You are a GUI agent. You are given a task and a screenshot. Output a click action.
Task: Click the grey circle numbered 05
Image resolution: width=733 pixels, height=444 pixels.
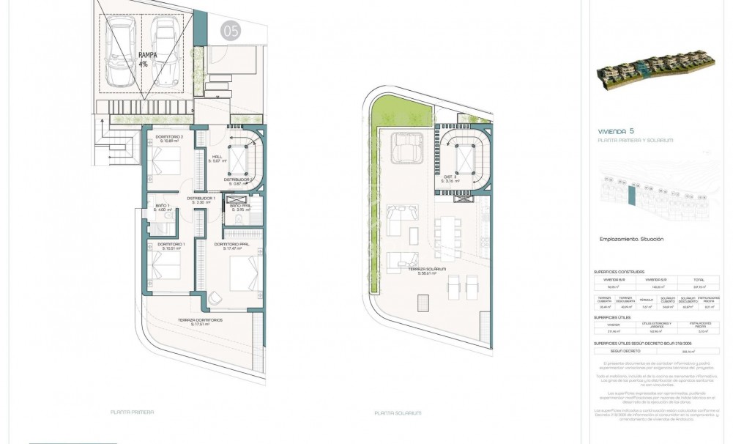(231, 31)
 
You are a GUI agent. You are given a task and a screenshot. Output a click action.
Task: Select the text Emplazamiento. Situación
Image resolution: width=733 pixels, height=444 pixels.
(630, 239)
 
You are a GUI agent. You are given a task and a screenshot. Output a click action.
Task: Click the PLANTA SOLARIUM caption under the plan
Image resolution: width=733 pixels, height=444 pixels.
(398, 413)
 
